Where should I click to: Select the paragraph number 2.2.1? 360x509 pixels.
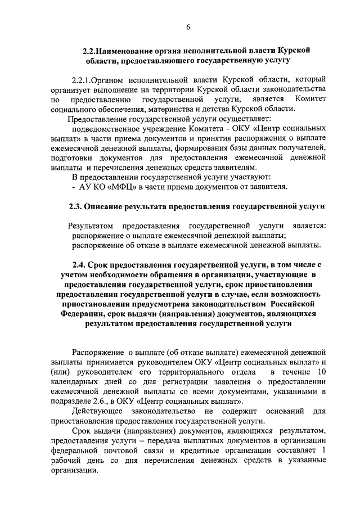pyautogui.click(x=82, y=80)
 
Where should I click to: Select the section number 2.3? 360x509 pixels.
pyautogui.click(x=76, y=208)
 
